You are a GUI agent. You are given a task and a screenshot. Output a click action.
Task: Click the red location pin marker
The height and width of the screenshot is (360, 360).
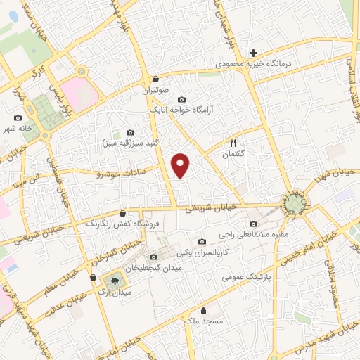click(x=181, y=165)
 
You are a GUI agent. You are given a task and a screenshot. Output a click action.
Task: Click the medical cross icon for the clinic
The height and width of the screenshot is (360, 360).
click(x=255, y=52)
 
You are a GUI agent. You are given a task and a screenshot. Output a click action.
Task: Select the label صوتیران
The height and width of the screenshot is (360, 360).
click(x=155, y=91)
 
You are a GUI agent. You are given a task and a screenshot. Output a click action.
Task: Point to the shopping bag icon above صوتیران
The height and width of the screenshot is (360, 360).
click(x=155, y=79)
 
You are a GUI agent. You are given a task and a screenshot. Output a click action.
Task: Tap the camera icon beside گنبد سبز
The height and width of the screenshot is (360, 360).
click(x=130, y=132)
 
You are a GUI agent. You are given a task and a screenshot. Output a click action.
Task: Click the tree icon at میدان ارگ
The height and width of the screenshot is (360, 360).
click(x=115, y=277)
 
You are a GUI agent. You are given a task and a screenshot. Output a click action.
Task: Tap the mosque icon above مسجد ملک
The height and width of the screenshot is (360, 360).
click(x=204, y=310)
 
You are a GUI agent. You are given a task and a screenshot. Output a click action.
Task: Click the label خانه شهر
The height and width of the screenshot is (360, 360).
click(x=18, y=129)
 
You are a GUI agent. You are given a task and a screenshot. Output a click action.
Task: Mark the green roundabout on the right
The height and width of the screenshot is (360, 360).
click(x=294, y=205)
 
